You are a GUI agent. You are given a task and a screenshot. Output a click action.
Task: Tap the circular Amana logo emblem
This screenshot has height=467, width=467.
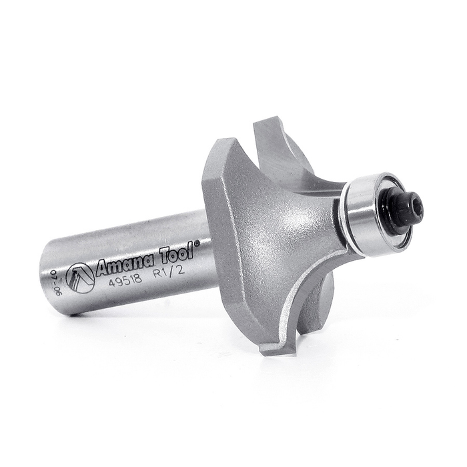coord(80,277)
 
